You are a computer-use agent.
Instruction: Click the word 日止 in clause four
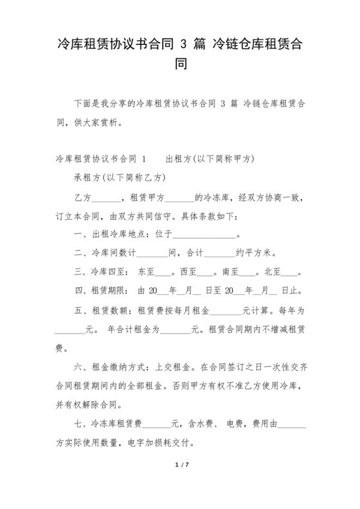291,290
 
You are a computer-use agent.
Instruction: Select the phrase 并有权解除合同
91,406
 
